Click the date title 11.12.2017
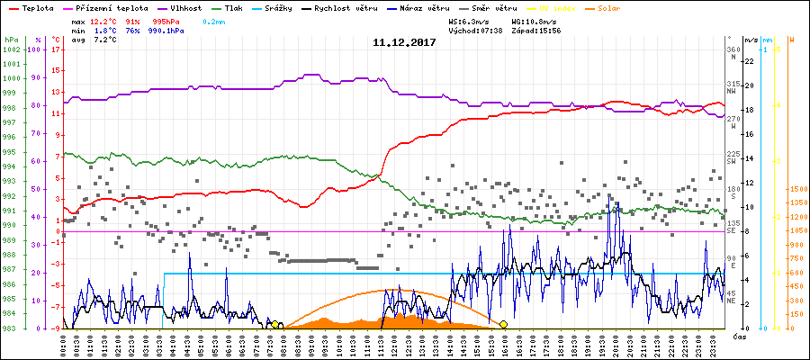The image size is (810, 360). click(x=404, y=42)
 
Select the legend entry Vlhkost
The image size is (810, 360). click(x=190, y=7)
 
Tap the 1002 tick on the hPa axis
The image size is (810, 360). click(x=11, y=49)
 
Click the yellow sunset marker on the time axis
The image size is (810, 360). click(x=503, y=324)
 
